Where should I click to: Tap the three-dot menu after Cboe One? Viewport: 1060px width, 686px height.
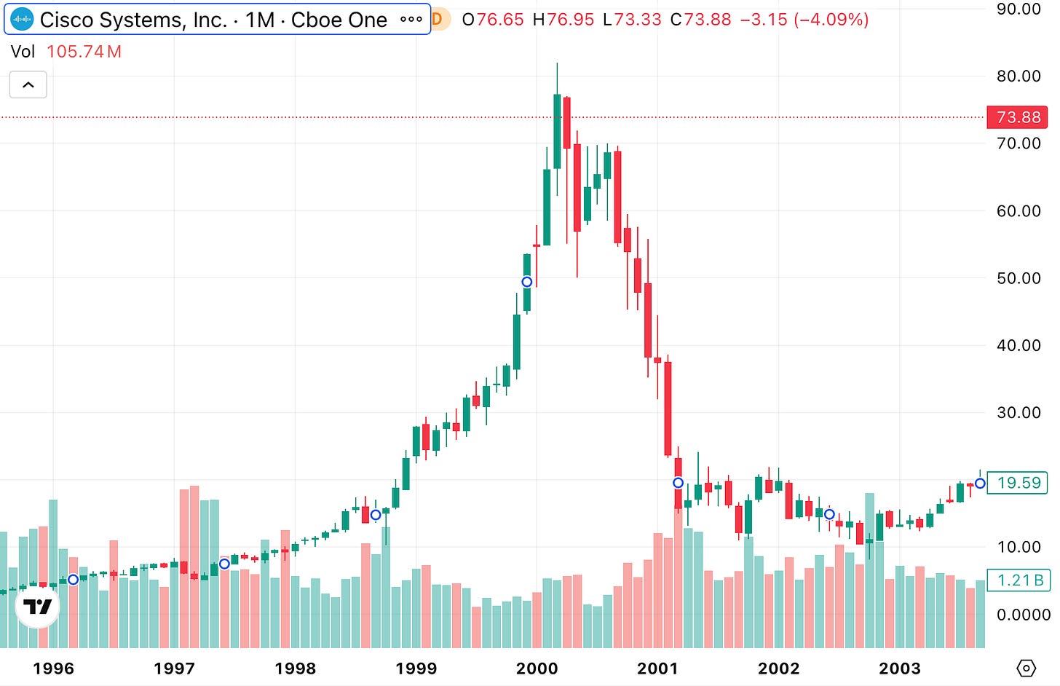point(411,20)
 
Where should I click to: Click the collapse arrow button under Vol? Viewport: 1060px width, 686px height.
point(28,84)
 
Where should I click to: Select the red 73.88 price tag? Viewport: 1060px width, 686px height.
point(1018,117)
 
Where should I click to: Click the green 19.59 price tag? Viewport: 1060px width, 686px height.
point(1019,483)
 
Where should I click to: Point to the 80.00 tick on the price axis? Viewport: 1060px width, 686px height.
point(1019,76)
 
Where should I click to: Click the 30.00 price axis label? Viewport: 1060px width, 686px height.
point(1019,412)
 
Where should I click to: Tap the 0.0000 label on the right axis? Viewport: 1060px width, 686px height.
point(1023,615)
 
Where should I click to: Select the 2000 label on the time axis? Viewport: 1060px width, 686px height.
point(537,669)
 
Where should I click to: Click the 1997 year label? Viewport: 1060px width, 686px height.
point(174,669)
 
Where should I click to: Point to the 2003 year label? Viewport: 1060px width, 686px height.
point(899,669)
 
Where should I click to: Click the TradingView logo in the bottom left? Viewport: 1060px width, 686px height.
point(38,606)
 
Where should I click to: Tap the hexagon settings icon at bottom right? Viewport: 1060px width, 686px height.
point(1026,668)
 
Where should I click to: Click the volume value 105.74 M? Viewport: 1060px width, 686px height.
point(84,52)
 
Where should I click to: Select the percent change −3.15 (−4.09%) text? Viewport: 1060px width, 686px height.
point(804,20)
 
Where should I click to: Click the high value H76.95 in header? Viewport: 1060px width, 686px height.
point(563,20)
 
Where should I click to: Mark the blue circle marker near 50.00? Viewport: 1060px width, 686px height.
point(527,282)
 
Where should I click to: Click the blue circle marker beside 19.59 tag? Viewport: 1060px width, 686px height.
point(980,483)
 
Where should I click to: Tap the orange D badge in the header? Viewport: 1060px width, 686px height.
point(438,20)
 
